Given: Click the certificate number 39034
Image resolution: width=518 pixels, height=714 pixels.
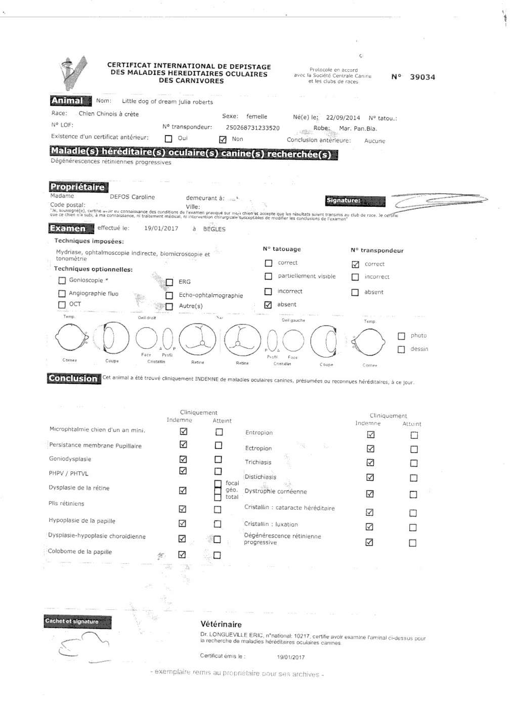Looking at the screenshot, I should [x=422, y=77].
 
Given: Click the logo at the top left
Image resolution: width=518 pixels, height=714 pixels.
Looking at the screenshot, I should [x=73, y=73].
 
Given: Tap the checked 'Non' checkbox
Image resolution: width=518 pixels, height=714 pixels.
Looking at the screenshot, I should [x=223, y=139].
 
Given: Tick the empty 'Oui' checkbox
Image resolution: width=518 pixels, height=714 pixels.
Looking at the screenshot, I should [x=168, y=139].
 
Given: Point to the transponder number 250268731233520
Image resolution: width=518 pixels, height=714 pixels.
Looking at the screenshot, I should [x=252, y=128].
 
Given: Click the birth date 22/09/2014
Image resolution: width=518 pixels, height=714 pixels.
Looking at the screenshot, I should [x=342, y=117].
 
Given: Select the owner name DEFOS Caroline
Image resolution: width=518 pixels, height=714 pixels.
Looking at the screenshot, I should [x=132, y=197].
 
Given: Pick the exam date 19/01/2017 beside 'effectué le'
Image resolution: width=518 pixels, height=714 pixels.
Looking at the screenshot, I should [x=161, y=229].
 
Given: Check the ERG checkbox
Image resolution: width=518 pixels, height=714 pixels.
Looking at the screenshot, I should [x=169, y=282].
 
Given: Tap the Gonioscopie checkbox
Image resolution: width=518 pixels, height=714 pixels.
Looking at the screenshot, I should [x=62, y=280].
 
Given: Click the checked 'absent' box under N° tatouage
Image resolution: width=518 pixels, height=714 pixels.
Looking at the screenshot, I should [x=268, y=305].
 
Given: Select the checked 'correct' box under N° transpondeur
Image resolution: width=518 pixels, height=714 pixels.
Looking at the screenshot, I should [x=355, y=264].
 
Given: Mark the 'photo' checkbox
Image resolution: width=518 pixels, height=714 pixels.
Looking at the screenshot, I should [x=401, y=336].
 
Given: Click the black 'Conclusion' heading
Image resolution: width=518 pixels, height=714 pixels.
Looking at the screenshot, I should [x=74, y=378].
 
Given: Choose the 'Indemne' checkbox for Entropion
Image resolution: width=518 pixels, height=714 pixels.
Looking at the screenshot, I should [x=371, y=434].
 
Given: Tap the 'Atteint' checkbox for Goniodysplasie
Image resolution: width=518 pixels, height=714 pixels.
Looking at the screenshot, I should [x=218, y=459].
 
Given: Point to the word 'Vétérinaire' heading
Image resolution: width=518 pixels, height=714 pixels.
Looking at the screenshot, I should [x=221, y=624].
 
